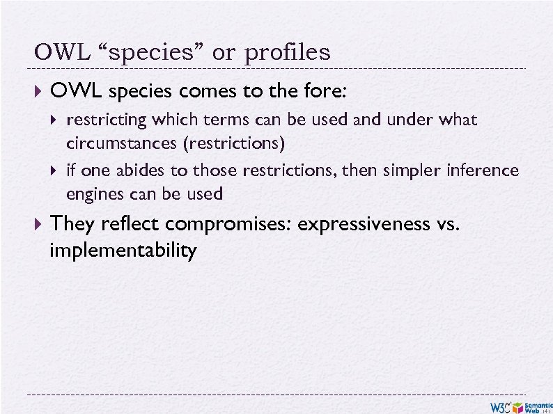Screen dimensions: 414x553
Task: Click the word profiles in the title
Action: point(286,53)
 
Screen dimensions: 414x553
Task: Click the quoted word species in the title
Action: point(149,53)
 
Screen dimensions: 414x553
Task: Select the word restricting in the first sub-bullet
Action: point(107,120)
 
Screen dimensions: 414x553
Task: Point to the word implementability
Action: point(123,250)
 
